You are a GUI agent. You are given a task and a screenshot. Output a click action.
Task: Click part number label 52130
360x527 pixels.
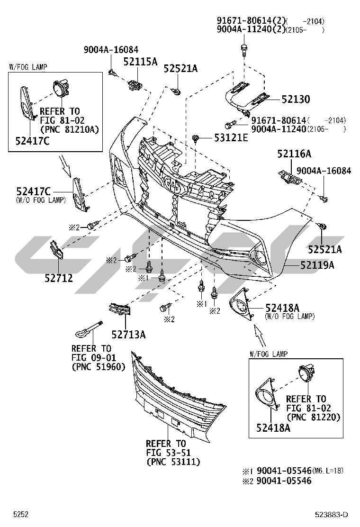click(x=295, y=100)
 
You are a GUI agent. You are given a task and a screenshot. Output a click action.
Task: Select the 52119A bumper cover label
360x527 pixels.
click(x=317, y=265)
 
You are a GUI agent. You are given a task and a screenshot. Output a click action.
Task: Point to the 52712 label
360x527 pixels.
click(x=59, y=278)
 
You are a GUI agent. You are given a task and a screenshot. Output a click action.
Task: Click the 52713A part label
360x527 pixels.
click(x=128, y=335)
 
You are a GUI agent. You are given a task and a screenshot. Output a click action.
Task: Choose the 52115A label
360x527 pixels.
click(x=140, y=62)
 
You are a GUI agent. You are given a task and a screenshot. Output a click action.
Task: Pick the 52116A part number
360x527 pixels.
click(x=294, y=154)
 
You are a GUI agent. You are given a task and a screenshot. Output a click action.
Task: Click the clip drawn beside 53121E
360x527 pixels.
click(x=196, y=138)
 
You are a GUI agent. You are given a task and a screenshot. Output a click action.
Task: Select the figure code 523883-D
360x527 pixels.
click(x=331, y=514)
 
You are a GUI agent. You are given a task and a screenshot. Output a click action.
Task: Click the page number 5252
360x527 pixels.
click(x=21, y=514)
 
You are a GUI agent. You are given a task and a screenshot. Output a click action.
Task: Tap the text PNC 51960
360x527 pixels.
click(x=98, y=366)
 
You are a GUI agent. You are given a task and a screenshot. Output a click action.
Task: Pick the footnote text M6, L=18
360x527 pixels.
click(x=328, y=471)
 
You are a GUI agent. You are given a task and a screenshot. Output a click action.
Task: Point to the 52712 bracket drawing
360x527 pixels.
click(x=56, y=251)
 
